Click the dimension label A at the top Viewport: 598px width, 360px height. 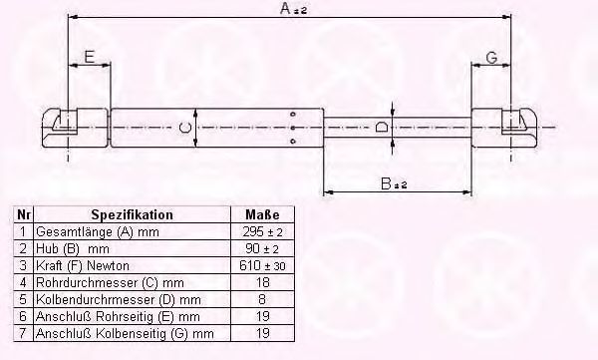click(293, 8)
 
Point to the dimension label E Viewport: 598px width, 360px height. click(89, 57)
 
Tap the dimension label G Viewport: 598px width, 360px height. click(492, 58)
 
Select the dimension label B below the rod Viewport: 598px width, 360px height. click(394, 183)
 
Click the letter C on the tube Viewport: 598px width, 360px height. click(185, 127)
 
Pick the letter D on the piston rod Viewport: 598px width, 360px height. click(382, 127)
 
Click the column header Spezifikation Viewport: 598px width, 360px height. click(132, 214)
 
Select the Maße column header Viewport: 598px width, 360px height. click(262, 214)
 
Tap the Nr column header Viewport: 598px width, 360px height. click(23, 214)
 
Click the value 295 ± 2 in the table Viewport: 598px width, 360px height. click(262, 231)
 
